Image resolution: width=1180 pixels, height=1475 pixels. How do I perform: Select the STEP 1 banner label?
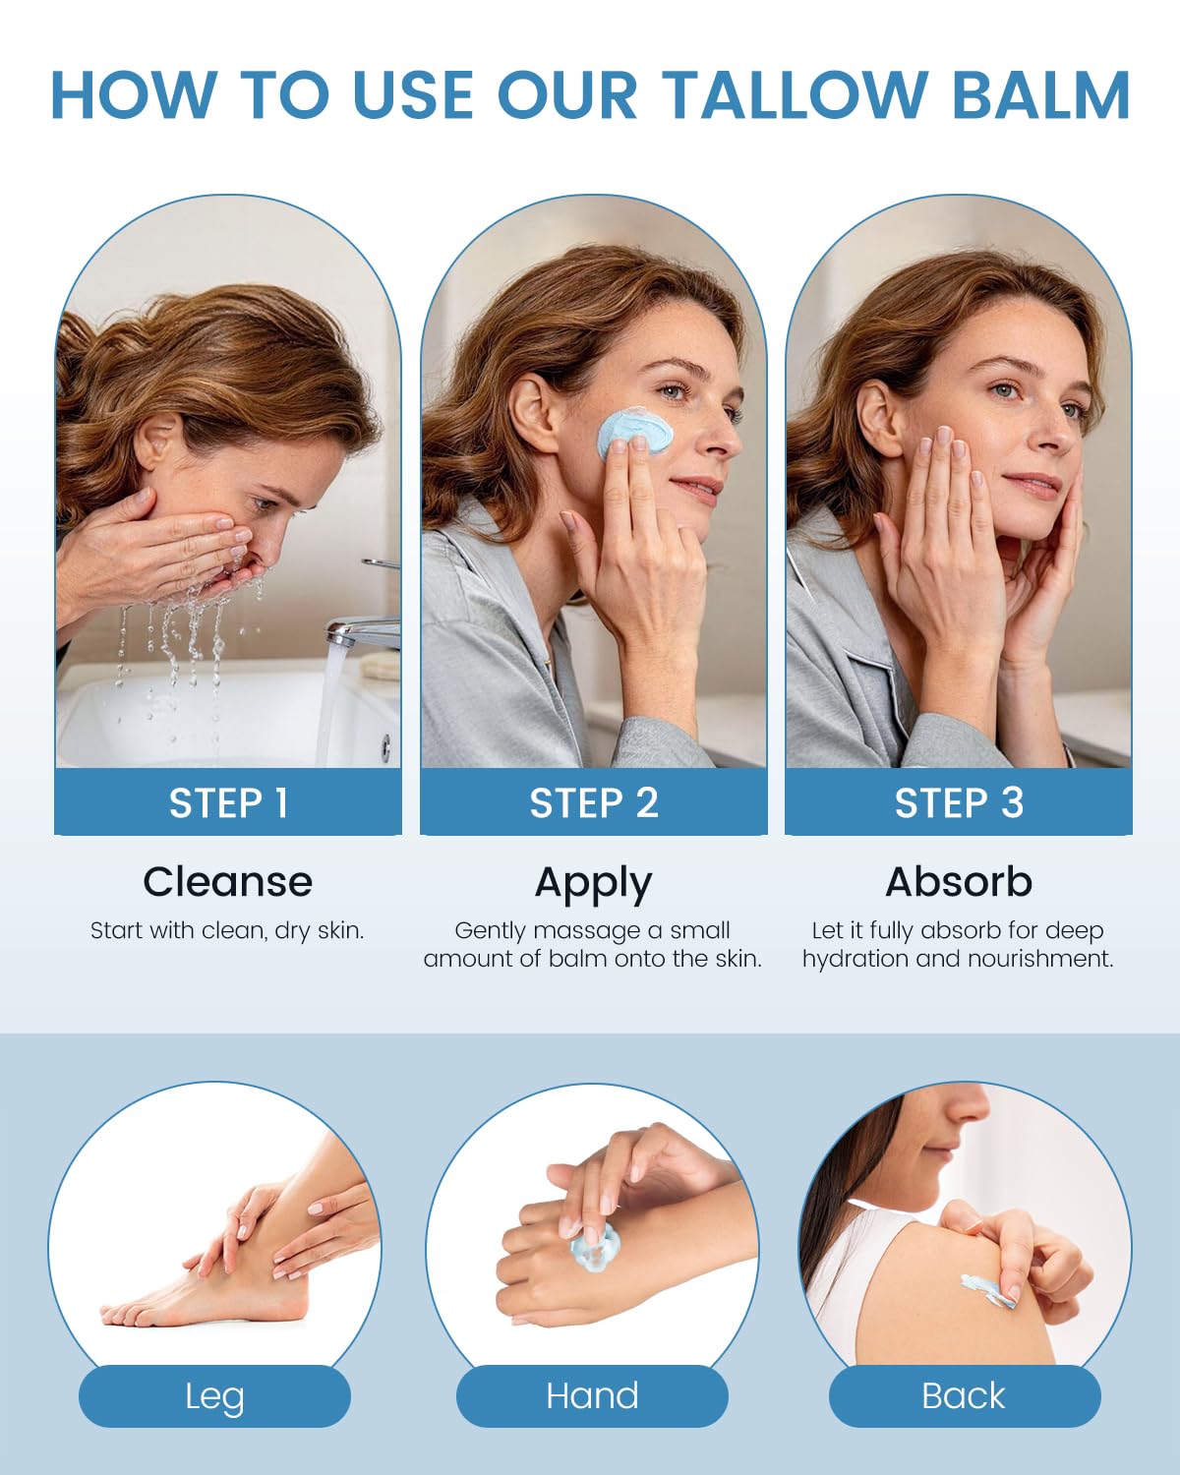[x=228, y=802]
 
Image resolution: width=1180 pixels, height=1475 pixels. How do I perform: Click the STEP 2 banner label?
[x=594, y=802]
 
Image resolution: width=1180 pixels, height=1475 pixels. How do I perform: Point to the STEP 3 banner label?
[x=959, y=802]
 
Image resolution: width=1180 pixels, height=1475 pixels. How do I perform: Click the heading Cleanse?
[x=227, y=881]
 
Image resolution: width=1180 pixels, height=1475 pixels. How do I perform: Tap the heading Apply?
[x=594, y=884]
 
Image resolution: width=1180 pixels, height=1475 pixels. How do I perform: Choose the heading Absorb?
[x=959, y=881]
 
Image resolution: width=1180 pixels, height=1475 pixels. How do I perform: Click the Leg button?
[x=214, y=1396]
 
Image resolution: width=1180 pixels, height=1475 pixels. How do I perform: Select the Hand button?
[x=592, y=1396]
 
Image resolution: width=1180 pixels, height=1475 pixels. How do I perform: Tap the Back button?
[x=964, y=1396]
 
